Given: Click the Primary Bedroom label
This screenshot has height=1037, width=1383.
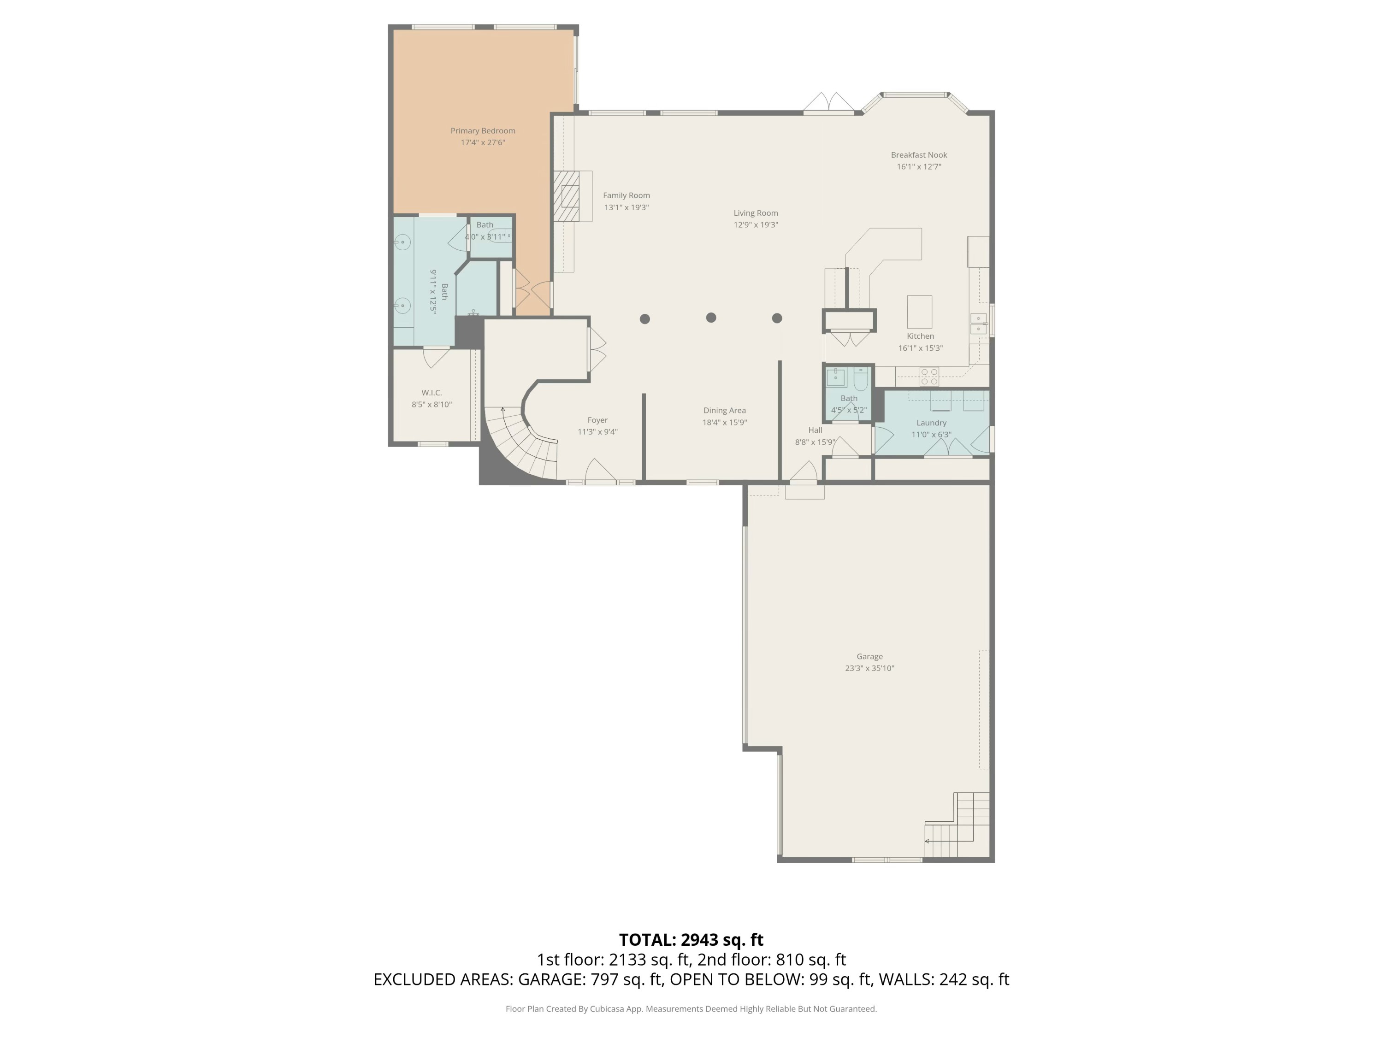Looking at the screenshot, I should (x=483, y=130).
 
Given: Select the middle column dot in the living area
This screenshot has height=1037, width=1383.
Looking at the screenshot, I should (x=711, y=318).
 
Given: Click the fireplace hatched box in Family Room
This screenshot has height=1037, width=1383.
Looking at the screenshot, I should (x=567, y=196).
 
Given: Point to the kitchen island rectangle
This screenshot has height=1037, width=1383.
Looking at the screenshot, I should (x=919, y=311).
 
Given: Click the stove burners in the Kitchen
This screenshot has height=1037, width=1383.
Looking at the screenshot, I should (x=929, y=376).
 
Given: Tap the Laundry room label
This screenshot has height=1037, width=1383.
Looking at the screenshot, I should (x=931, y=423).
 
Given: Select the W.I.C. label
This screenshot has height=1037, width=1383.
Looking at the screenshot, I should (x=431, y=393).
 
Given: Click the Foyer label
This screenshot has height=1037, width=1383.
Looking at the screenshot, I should (x=597, y=420).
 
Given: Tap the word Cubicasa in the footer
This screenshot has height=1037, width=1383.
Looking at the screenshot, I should (x=606, y=1009).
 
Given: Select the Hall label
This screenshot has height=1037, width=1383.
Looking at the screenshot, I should (x=815, y=430).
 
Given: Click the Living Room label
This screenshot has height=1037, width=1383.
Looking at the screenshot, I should (x=755, y=213).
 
